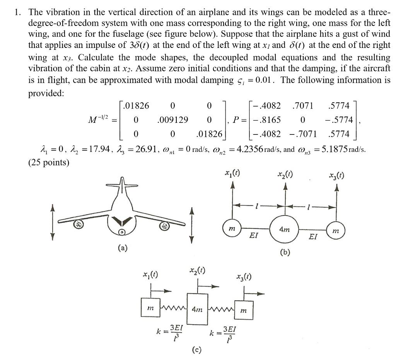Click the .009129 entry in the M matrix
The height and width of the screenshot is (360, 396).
point(173,120)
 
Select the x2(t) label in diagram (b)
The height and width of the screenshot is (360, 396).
point(285,176)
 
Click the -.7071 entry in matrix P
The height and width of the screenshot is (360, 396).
point(302,134)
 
